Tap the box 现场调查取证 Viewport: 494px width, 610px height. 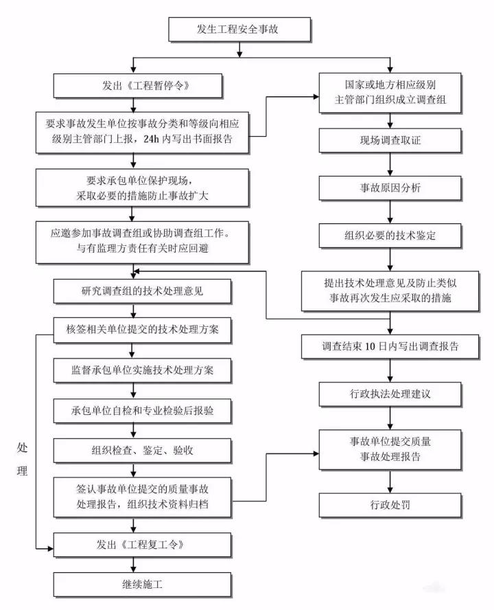(390, 140)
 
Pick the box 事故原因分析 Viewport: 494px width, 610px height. (390, 188)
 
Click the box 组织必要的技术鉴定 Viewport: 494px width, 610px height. (390, 235)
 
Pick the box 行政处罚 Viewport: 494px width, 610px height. (390, 506)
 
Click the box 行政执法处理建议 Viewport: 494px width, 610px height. (390, 395)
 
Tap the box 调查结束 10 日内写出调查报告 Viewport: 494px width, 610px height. (390, 348)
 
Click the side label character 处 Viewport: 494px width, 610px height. (21, 447)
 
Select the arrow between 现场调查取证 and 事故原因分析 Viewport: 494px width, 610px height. (390, 163)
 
